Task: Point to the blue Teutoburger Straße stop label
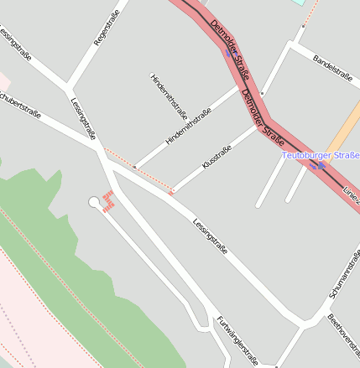[x=321, y=155]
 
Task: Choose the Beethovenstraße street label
[x=344, y=334]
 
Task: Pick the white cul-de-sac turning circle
[x=93, y=201]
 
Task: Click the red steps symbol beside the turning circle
[x=107, y=201]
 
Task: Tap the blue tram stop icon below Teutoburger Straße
[x=317, y=166]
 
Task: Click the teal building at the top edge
[x=299, y=3]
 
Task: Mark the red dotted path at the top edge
[x=311, y=12]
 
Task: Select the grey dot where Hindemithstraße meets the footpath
[x=134, y=167]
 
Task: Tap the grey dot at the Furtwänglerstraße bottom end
[x=275, y=365]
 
